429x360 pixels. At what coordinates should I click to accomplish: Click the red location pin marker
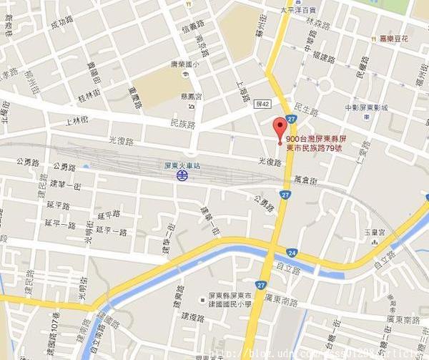click(x=280, y=130)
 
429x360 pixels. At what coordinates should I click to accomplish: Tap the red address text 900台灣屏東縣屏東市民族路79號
click(x=315, y=143)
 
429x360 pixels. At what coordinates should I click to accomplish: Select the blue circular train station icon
click(x=183, y=175)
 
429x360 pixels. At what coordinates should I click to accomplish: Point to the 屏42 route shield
click(x=262, y=104)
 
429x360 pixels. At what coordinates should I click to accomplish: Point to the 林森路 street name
click(x=315, y=22)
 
